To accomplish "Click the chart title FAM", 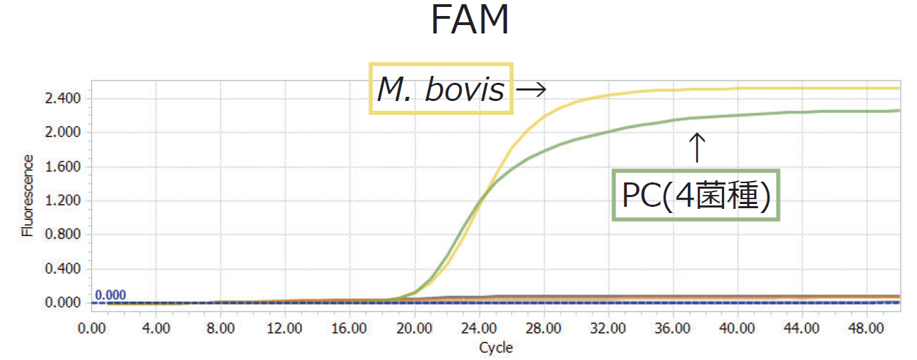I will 469,22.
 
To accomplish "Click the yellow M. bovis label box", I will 441,88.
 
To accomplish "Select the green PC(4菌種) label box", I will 696,196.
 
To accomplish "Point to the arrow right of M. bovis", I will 531,89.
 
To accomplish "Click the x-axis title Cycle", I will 495,347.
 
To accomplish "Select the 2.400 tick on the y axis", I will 63,98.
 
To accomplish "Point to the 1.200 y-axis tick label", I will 63,201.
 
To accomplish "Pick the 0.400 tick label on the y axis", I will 63,269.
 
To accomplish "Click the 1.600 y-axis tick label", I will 63,166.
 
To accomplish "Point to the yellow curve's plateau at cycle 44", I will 801,88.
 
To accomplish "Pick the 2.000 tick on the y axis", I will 63,132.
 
